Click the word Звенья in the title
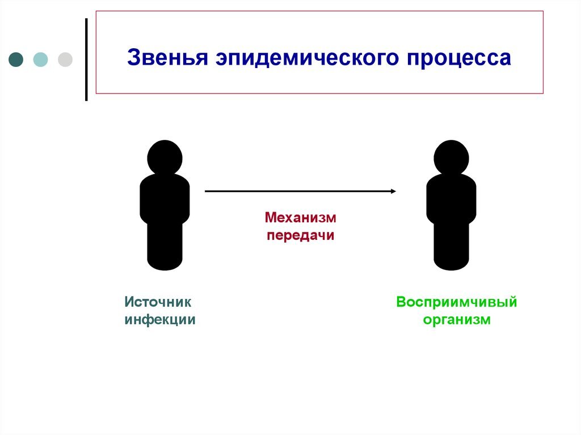tap(167, 58)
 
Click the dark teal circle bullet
tap(16, 60)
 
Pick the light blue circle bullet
tap(40, 60)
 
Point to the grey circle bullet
tap(65, 60)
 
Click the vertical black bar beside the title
tap(86, 60)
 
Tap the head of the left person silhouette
tap(165, 158)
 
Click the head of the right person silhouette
tap(451, 158)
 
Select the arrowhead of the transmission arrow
tap(394, 191)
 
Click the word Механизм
tap(301, 218)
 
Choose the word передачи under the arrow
tap(301, 235)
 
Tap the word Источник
tap(158, 302)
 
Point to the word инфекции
tap(160, 320)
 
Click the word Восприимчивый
tap(457, 302)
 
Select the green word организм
tap(457, 320)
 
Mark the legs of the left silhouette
tap(165, 246)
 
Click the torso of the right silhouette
tap(451, 199)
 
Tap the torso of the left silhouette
tap(165, 199)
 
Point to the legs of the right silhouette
tap(451, 246)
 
